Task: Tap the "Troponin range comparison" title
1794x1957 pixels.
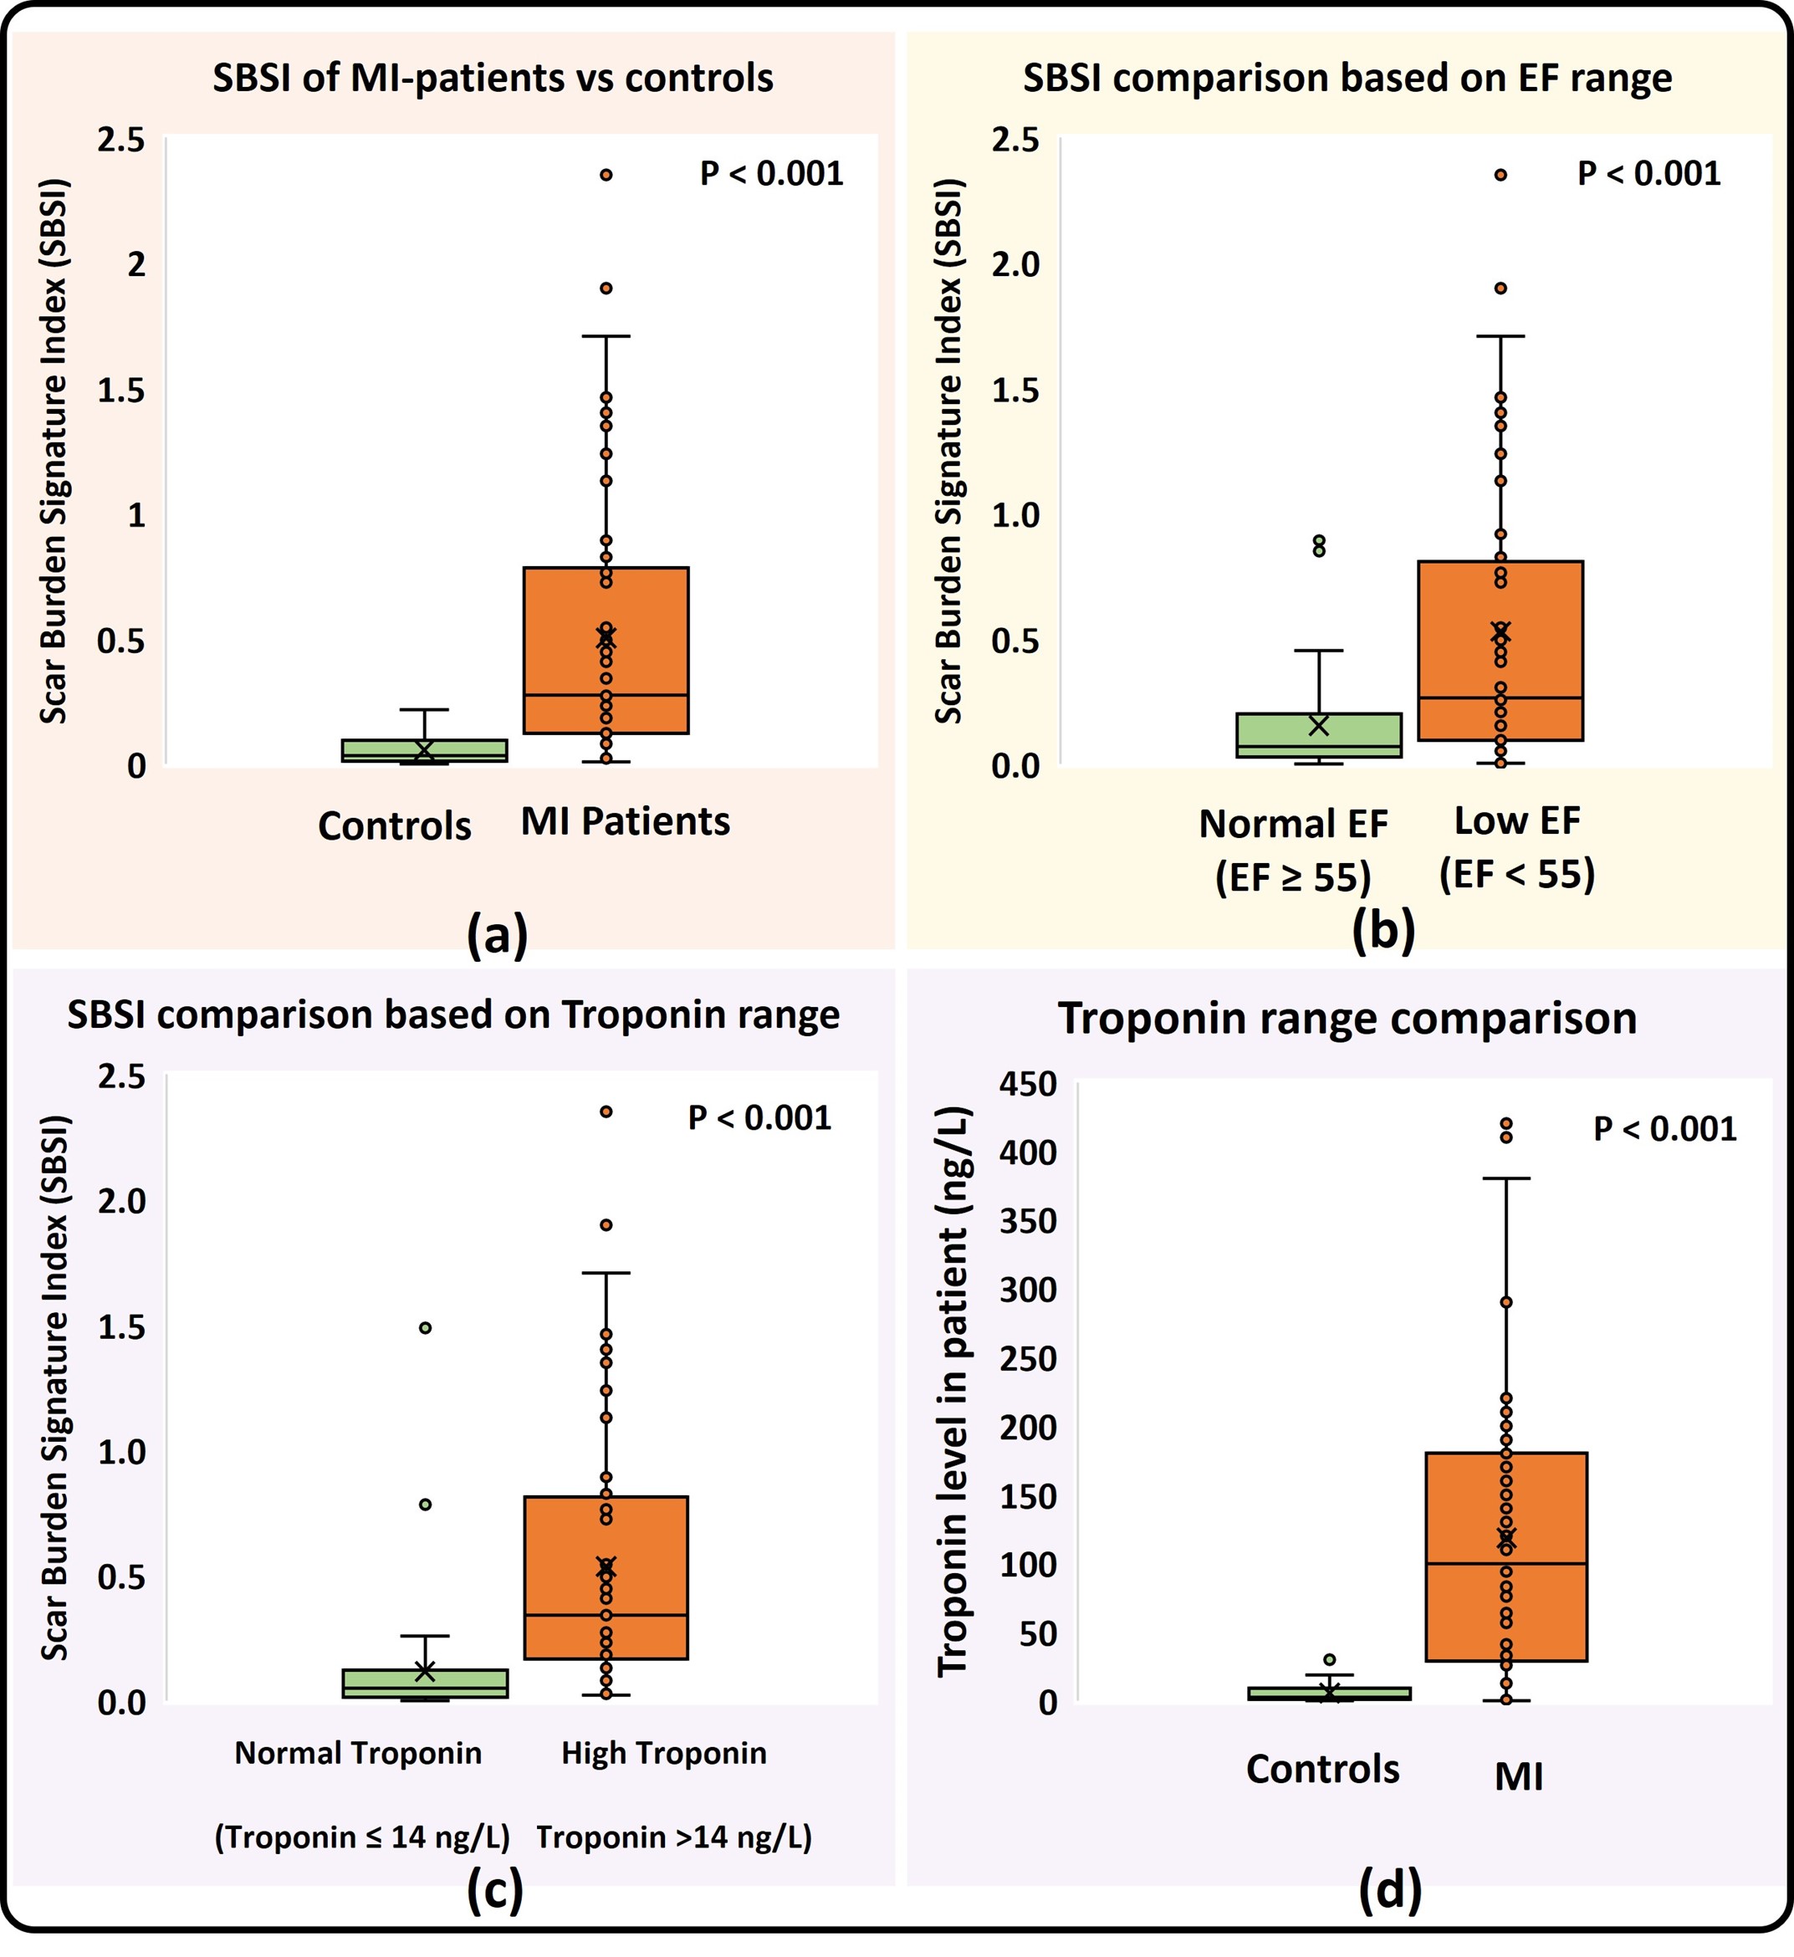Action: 1347,1019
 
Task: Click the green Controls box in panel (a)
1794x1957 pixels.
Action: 424,751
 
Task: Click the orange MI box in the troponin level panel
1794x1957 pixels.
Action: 1505,1592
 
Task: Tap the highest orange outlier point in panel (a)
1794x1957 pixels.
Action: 606,176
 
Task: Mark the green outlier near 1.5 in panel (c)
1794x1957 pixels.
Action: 425,1328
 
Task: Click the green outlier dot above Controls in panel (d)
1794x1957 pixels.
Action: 1330,1660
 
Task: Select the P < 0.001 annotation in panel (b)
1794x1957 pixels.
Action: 1648,174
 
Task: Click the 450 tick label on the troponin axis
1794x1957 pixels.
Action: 1028,1083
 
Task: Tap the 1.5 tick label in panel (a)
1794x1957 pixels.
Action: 121,391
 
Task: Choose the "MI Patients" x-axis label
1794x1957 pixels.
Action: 626,822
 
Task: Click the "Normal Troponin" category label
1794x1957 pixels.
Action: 358,1753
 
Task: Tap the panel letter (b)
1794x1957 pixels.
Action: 1383,929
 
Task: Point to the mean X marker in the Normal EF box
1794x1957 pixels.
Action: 1318,725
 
